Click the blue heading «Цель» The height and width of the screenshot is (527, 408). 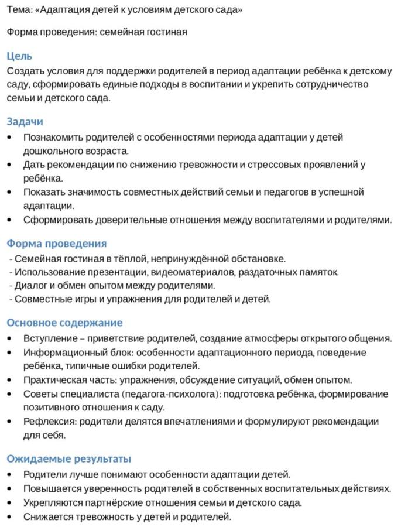[19, 56]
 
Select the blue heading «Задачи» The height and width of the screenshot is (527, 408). [25, 122]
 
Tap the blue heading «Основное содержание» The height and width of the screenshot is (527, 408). [64, 323]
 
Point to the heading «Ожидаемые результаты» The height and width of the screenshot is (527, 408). [68, 458]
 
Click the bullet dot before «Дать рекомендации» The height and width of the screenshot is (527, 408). [9, 165]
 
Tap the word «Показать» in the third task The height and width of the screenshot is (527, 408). [43, 192]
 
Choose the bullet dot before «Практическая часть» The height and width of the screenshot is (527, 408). [9, 380]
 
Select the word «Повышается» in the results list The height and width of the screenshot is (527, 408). [51, 488]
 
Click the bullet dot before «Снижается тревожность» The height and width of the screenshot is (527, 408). [9, 517]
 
